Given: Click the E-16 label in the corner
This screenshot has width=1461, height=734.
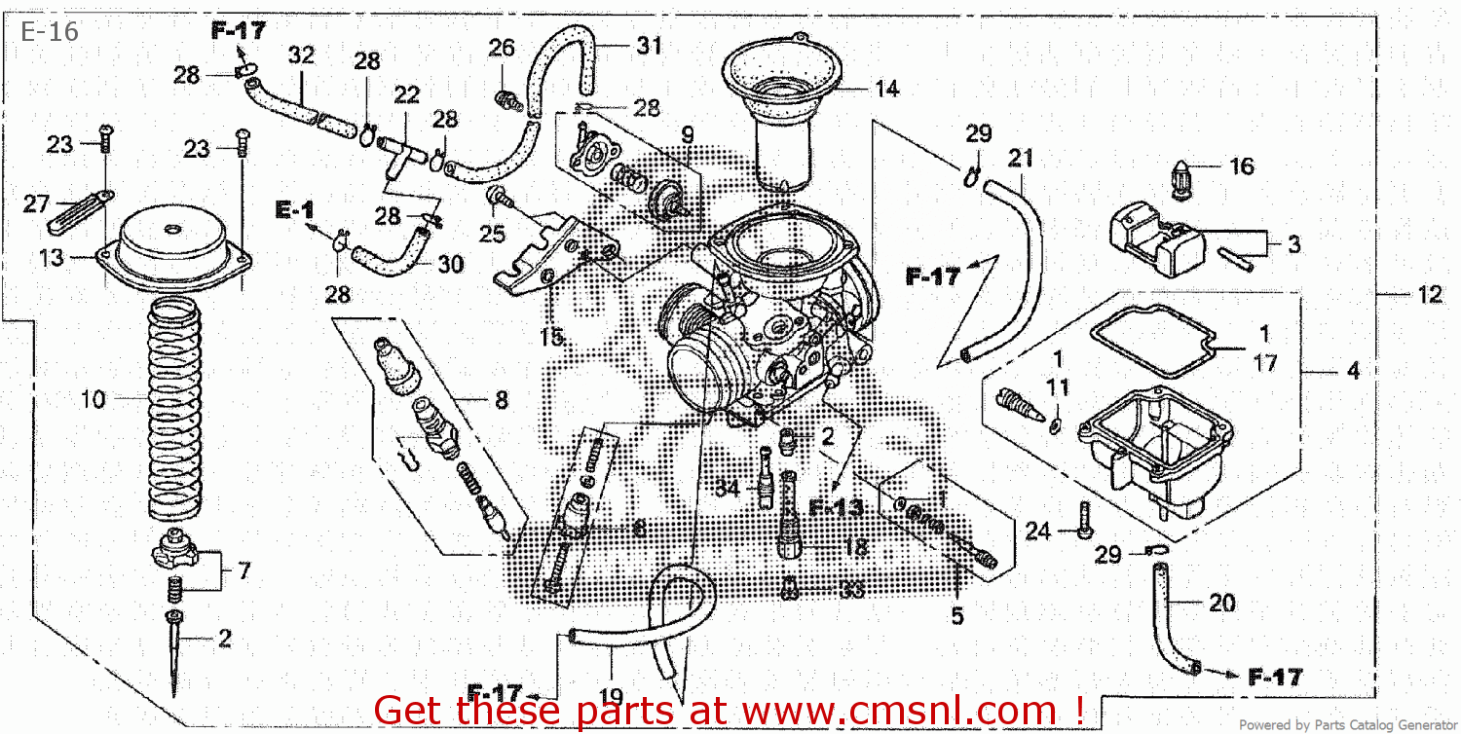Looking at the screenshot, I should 50,32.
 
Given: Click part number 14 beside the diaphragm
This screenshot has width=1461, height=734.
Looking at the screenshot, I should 886,90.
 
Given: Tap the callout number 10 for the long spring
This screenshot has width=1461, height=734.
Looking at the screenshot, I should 94,399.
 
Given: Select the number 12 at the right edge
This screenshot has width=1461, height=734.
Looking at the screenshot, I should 1429,295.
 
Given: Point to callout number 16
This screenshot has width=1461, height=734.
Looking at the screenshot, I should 1242,167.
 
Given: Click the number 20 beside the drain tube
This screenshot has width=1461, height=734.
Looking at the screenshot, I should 1221,604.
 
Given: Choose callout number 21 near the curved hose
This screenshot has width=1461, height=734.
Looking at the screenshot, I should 1020,158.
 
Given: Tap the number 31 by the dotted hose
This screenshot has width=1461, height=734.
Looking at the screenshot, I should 650,45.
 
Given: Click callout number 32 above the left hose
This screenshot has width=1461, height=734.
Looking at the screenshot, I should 302,55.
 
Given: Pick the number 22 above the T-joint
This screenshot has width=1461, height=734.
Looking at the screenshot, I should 406,94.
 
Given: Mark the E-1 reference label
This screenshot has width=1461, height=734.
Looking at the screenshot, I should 294,209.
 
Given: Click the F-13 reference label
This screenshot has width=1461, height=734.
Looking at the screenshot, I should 836,507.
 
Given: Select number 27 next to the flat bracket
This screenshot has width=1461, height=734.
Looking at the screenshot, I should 36,203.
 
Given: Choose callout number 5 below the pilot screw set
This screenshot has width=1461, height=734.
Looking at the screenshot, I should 957,615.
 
